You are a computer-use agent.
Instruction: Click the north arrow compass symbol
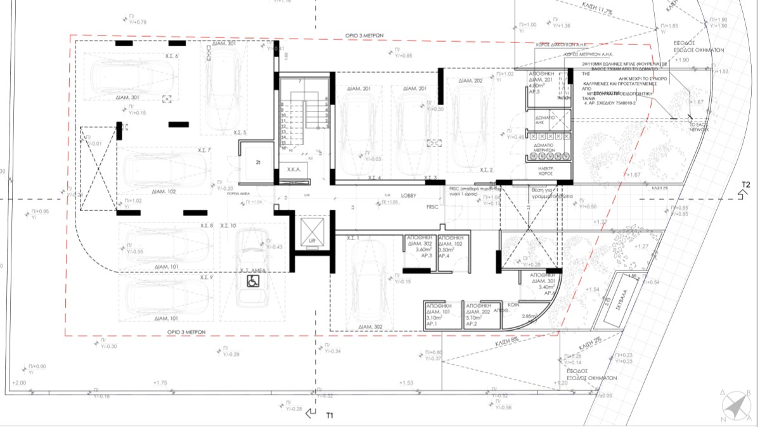coord(736,405)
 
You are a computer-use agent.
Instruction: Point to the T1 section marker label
coord(330,416)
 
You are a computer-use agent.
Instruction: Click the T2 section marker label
coord(746,186)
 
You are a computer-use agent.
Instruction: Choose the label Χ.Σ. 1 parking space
coord(354,238)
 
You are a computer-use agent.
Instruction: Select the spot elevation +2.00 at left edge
coord(19,383)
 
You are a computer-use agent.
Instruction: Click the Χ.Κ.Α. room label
coord(293,170)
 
